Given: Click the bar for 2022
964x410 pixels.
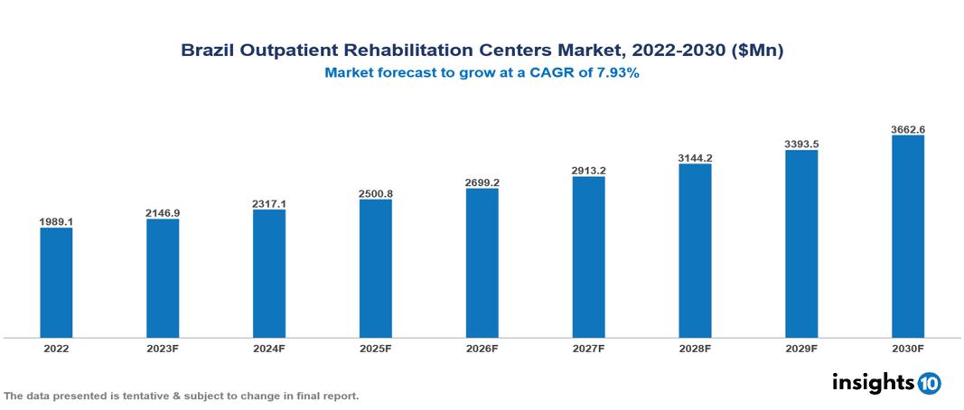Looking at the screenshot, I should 56,283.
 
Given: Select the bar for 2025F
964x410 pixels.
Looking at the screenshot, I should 376,268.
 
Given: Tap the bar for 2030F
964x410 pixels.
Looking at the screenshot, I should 908,237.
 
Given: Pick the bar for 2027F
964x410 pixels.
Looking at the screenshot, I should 589,257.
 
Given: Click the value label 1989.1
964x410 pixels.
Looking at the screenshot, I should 56,221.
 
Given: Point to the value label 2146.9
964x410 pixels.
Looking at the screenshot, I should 163,212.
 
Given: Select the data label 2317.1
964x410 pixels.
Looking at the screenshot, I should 269,204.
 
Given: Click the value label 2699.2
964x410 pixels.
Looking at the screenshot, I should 482,182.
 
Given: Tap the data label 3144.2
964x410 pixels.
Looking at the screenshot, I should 696,158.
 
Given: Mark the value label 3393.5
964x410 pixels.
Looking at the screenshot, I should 802,144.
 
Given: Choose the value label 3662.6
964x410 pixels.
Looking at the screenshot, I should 908,129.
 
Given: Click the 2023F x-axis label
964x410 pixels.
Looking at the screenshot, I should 163,348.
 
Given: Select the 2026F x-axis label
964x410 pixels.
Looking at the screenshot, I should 482,348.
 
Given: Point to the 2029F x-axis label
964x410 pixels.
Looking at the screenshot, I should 802,348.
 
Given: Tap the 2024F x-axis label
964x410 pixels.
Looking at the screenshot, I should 269,348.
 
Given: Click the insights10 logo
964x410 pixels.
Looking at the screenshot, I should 886,383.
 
